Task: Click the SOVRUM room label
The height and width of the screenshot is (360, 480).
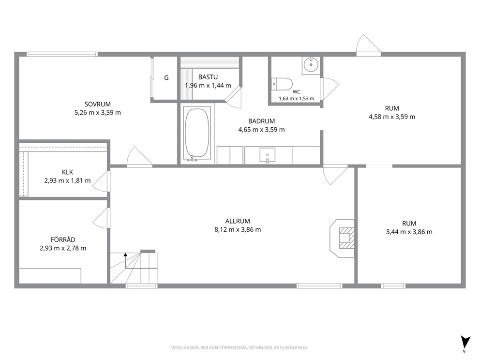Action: pos(98,104)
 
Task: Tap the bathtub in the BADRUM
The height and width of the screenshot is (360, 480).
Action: pos(197,133)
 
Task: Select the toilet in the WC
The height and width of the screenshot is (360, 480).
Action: pos(282,84)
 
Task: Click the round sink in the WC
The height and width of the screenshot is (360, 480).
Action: pos(311,65)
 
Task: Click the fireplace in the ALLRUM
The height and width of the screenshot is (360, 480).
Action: pos(342,238)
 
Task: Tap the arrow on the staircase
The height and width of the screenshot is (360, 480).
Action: pos(125,260)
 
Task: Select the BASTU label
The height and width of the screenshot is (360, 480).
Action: pos(208,77)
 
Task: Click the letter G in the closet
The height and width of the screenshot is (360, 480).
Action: pos(166,78)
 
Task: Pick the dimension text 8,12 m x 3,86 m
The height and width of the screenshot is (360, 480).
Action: pos(238,229)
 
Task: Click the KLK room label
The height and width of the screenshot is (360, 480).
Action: pos(67,172)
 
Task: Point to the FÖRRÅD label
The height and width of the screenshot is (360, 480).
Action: pos(63,240)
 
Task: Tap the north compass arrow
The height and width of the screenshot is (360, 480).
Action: pos(465,341)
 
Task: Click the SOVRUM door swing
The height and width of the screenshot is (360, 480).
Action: pos(139,157)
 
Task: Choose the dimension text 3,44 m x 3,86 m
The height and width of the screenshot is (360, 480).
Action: pos(409,232)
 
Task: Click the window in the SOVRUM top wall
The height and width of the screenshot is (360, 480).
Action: pos(62,54)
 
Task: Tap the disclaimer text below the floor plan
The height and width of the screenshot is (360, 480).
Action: pos(240,347)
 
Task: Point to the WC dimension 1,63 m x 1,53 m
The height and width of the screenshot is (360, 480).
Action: pos(296,99)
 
